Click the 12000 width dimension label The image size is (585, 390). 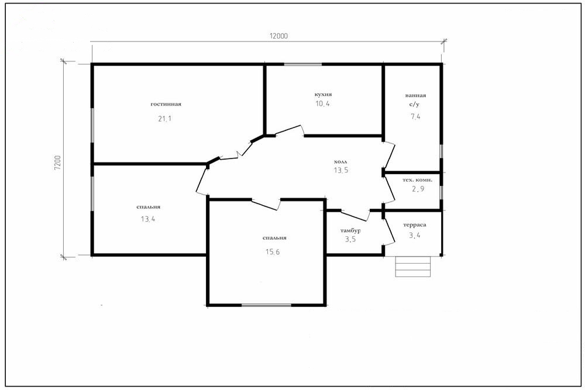point(278,36)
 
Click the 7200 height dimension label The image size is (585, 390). point(57,163)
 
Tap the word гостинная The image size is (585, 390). point(166,104)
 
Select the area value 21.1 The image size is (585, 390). point(164,119)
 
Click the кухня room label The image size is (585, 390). point(323,94)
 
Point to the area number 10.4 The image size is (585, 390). point(322,103)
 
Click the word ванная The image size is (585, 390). point(415,95)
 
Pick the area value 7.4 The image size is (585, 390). point(415,116)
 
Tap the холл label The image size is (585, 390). point(340,162)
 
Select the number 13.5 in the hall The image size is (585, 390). point(340,170)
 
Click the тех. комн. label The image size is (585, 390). point(418,180)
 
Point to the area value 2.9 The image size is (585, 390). point(418,189)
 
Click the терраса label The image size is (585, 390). point(415,225)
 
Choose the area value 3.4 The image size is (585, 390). point(415,235)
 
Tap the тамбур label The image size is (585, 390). point(350,230)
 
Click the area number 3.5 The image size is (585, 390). point(350,239)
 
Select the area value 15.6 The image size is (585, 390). point(273,251)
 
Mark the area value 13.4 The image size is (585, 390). point(148,219)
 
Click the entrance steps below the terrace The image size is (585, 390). point(413,266)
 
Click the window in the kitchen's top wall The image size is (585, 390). point(303,64)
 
